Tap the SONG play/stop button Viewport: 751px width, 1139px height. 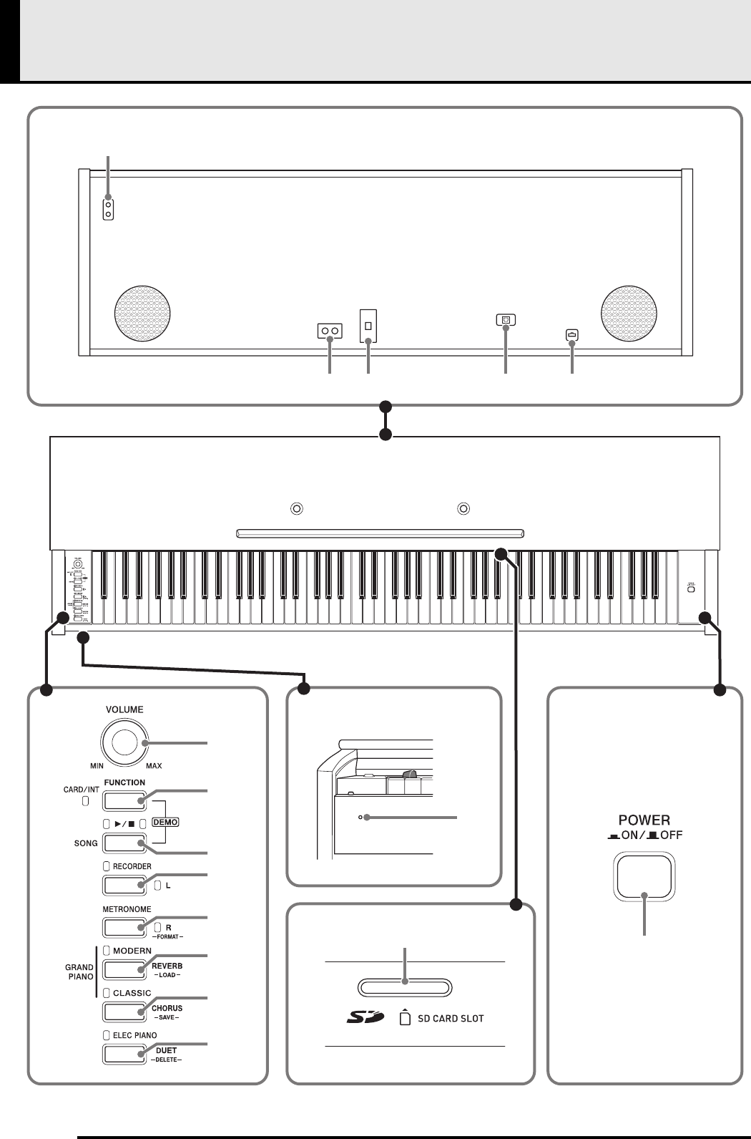click(124, 843)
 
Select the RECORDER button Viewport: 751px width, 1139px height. click(124, 886)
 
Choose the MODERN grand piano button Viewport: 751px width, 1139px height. click(124, 969)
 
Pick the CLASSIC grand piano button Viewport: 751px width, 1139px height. click(124, 1012)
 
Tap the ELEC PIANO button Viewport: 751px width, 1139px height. click(124, 1054)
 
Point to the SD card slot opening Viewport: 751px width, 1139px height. click(405, 988)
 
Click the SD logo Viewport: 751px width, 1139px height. click(365, 1018)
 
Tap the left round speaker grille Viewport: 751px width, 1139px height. click(142, 314)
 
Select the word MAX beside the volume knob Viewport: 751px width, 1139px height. click(154, 766)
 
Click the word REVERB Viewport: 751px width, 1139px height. click(167, 966)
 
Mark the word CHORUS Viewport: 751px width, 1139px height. click(167, 1008)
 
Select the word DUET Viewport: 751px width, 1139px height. click(166, 1050)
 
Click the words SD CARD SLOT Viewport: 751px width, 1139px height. click(451, 1019)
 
